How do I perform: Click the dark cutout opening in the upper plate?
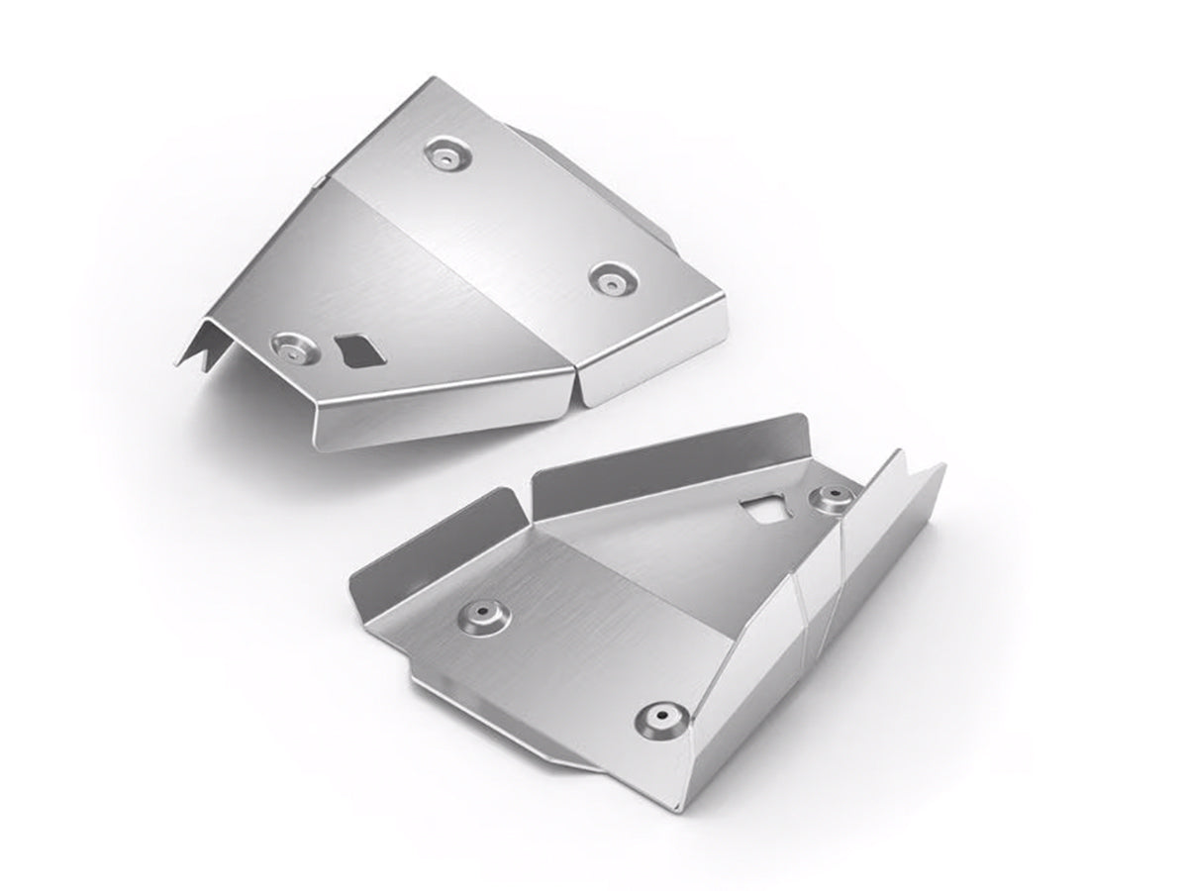355,349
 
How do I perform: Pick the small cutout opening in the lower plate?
762,509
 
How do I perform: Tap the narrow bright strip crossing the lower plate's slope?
817,604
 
